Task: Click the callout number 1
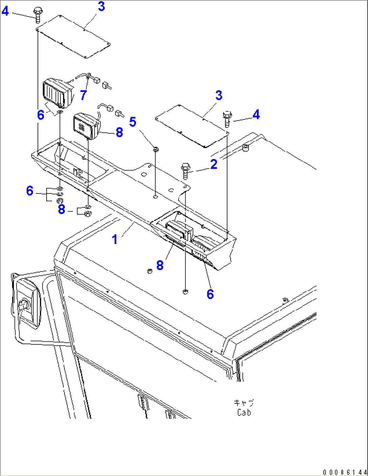115,239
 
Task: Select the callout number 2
214,164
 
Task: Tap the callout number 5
133,122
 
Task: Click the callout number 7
83,95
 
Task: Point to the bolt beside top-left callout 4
37,15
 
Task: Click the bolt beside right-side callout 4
227,119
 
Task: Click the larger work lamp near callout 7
57,92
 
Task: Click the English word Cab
244,413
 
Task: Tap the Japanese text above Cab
244,403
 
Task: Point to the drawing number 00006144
344,472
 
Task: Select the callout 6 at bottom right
210,294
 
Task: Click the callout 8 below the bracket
160,265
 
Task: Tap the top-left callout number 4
5,11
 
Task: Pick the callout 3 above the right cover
219,95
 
